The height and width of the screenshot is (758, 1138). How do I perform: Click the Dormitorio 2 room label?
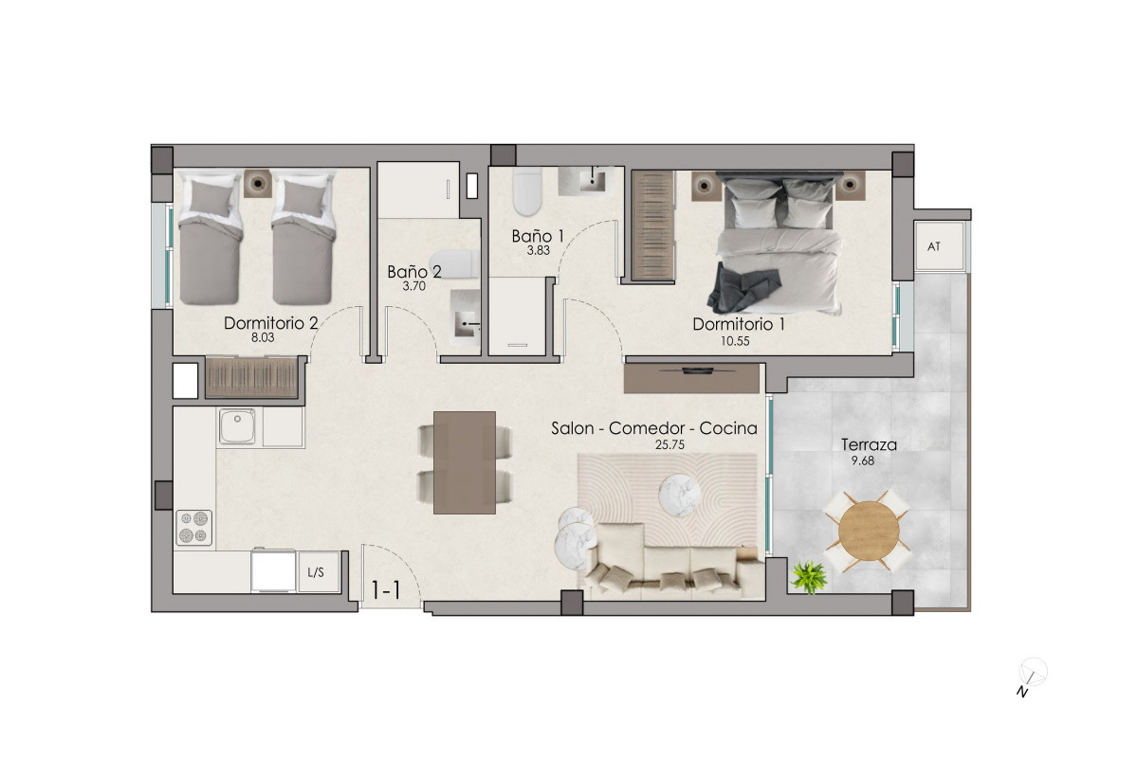[x=271, y=323]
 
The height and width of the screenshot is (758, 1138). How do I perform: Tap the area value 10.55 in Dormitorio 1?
[x=735, y=341]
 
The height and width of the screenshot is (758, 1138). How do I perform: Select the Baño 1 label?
[x=538, y=236]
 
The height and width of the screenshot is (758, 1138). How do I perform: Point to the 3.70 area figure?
[x=414, y=286]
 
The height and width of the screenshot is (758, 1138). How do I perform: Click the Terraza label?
[x=869, y=444]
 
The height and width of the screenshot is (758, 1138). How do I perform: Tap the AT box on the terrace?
[x=940, y=246]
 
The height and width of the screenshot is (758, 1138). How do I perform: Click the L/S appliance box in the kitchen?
[x=318, y=572]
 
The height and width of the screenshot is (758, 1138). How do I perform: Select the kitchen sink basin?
[x=237, y=426]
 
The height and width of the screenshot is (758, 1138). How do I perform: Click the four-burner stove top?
[x=193, y=528]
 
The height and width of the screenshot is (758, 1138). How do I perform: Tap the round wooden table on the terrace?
[x=869, y=531]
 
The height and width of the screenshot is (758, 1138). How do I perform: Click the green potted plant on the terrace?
[x=809, y=577]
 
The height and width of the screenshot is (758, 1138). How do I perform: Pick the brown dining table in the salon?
[x=465, y=462]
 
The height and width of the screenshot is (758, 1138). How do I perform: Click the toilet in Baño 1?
[x=527, y=192]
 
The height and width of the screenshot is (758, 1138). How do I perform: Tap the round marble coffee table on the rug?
[x=679, y=496]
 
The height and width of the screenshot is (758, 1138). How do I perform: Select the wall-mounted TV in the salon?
[x=697, y=370]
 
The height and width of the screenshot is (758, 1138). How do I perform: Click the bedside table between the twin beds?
[x=258, y=183]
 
